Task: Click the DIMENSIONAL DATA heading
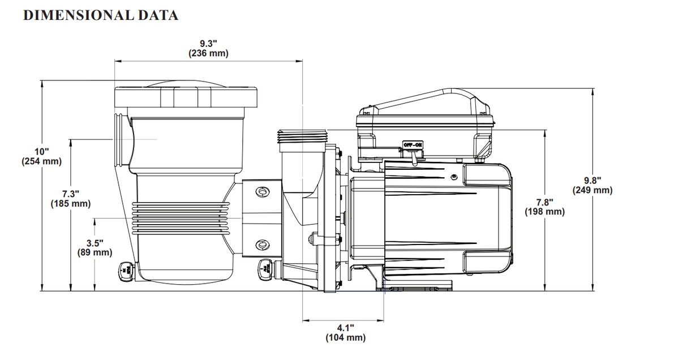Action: click(x=101, y=15)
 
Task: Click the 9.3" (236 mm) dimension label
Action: click(x=208, y=49)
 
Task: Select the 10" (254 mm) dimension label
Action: click(x=42, y=156)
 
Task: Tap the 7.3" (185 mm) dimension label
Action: click(x=71, y=198)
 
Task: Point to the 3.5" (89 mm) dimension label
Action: click(x=95, y=247)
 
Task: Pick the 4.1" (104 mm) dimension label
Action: click(x=345, y=332)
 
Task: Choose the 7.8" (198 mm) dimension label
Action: click(x=544, y=207)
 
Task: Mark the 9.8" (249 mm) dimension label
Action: click(x=592, y=185)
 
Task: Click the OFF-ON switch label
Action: click(x=413, y=145)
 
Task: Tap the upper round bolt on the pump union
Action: click(x=263, y=193)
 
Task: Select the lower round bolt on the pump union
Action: click(x=263, y=245)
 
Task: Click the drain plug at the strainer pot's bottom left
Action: click(x=125, y=271)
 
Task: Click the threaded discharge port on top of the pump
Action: click(x=302, y=136)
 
